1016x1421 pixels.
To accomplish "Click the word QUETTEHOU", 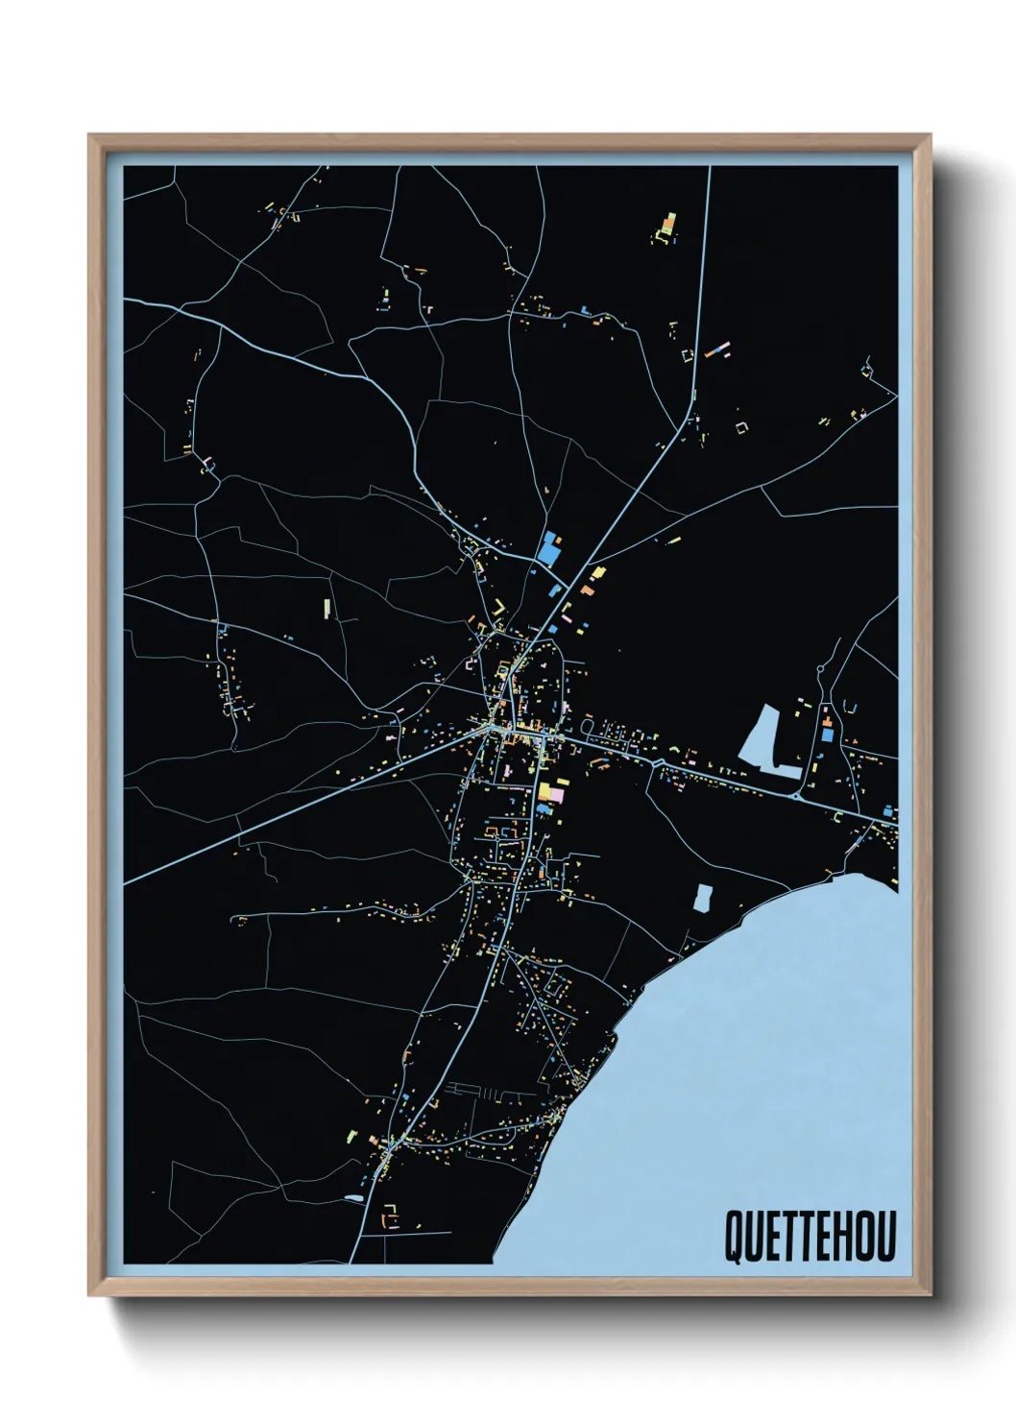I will (x=810, y=1237).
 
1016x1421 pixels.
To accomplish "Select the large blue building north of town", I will (x=549, y=549).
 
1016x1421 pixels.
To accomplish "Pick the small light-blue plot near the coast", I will (x=703, y=898).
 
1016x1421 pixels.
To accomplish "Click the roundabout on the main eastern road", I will (x=795, y=796).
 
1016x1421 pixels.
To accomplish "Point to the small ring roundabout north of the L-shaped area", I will (x=821, y=669).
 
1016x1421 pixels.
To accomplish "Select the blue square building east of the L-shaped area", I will (x=827, y=735).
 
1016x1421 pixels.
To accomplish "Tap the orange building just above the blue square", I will (x=826, y=718).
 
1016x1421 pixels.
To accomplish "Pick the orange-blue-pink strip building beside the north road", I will (x=717, y=349).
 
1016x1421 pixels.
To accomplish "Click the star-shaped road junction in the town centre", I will (x=495, y=730).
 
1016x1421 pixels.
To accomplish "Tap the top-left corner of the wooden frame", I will (x=90, y=136).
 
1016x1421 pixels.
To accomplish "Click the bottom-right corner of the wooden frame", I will (x=930, y=1294).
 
